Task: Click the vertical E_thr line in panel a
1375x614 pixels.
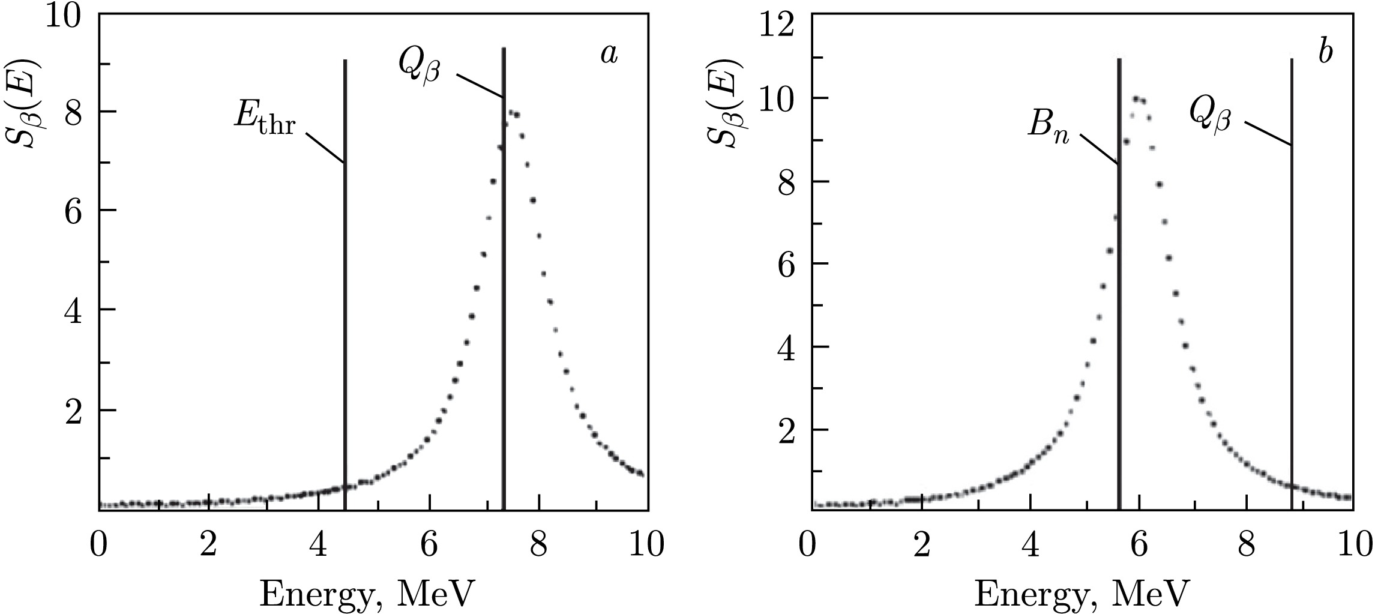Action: coord(345,300)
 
